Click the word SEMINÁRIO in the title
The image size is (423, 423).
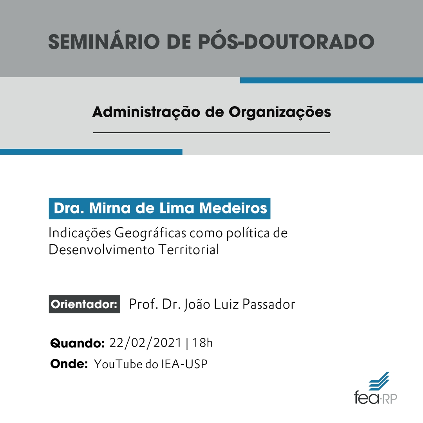point(104,42)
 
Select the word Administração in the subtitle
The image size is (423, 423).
point(146,112)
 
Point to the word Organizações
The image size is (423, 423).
point(280,112)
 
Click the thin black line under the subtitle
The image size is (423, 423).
point(211,133)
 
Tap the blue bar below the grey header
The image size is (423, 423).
point(332,80)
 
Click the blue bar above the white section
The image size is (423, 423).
point(91,152)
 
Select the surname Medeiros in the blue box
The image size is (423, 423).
point(233,208)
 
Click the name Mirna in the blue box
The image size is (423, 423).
point(110,208)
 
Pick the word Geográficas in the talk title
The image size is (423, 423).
point(150,233)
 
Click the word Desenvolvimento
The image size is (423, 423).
point(102,249)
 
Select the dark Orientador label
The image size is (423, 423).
point(85,304)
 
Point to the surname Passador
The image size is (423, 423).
point(269,304)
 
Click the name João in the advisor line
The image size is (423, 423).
point(197,305)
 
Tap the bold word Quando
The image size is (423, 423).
point(78,343)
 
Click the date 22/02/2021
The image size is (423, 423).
point(145,343)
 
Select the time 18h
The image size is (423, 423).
point(202,343)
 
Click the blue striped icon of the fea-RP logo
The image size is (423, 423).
point(379,381)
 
